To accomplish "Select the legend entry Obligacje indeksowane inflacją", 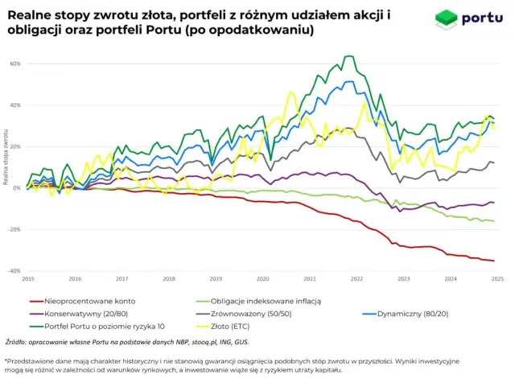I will click(253, 300).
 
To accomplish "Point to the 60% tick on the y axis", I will click(15, 64).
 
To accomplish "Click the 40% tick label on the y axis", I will click(15, 105).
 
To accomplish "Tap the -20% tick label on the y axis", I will click(14, 230).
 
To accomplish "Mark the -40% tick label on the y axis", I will click(14, 272).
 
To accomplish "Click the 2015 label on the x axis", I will click(28, 279).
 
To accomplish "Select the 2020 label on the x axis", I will click(263, 279).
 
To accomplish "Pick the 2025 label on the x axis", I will click(497, 279).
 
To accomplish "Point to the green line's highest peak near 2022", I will click(348, 56).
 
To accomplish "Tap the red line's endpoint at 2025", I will click(493, 261).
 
